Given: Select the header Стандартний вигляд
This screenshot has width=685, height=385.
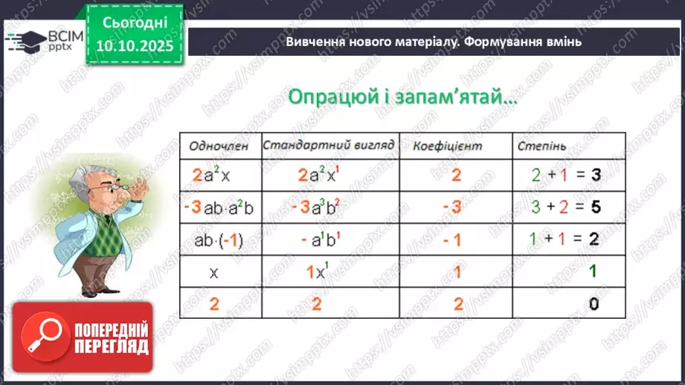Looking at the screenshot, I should tap(328, 144).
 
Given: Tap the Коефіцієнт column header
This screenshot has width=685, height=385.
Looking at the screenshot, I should tap(447, 146).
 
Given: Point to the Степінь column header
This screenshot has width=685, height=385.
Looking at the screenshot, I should tap(540, 146).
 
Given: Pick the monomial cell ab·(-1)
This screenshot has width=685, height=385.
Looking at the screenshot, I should tap(219, 239).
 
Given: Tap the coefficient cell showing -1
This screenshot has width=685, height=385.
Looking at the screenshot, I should tap(455, 239).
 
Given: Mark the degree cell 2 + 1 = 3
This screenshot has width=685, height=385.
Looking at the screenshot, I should tap(567, 176).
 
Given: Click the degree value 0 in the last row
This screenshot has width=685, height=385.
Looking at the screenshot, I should tap(593, 303).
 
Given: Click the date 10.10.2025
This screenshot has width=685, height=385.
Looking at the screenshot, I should tap(134, 45).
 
